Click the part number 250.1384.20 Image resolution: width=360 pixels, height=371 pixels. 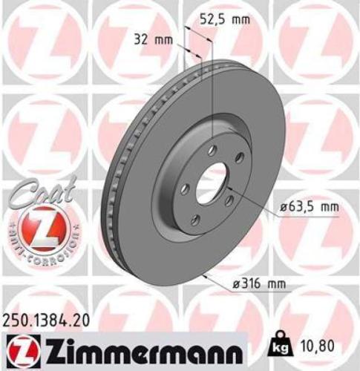point(50,320)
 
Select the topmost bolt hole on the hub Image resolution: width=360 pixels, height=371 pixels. point(212,150)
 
